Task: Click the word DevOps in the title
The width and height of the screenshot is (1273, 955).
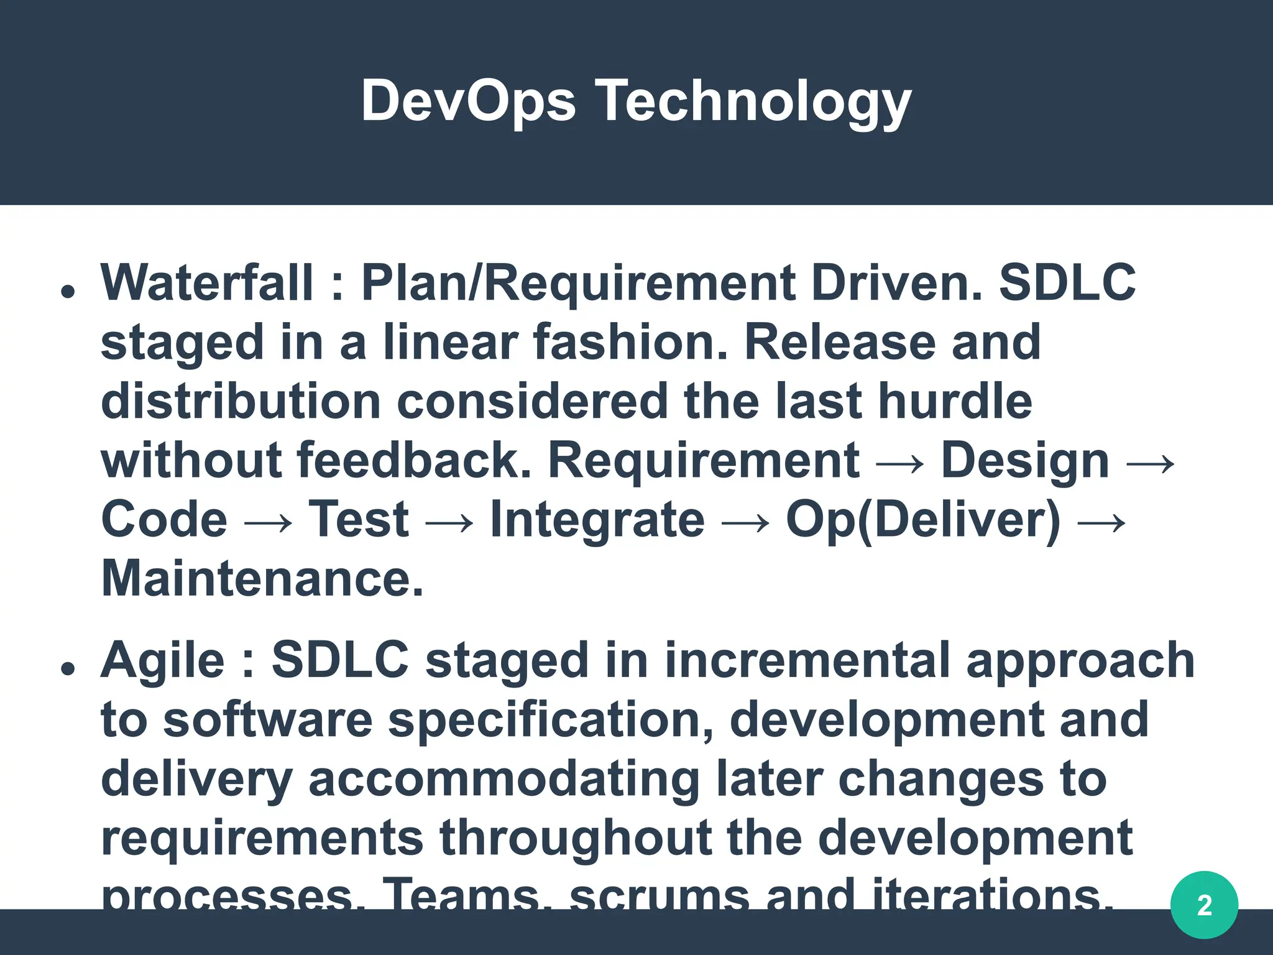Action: pyautogui.click(x=469, y=101)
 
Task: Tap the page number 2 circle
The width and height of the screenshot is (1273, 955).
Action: pyautogui.click(x=1204, y=905)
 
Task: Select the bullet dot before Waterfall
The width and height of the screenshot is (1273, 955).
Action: pyautogui.click(x=68, y=291)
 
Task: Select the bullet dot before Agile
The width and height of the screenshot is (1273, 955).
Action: pyautogui.click(x=68, y=668)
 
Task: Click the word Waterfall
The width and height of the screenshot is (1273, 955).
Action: pyautogui.click(x=207, y=283)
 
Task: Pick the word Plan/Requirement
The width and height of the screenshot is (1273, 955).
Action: pyautogui.click(x=578, y=283)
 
